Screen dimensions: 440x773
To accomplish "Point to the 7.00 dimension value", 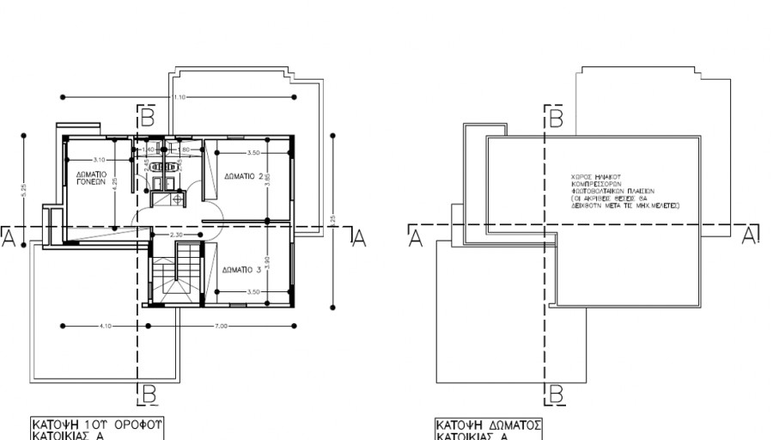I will [x=222, y=326].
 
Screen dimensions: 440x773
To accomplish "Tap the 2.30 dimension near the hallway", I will [x=176, y=235].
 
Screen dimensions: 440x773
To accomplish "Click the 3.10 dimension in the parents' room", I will [x=99, y=160].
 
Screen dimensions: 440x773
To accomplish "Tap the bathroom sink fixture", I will [x=163, y=180].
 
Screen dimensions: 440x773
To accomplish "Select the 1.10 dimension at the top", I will [x=179, y=97].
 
